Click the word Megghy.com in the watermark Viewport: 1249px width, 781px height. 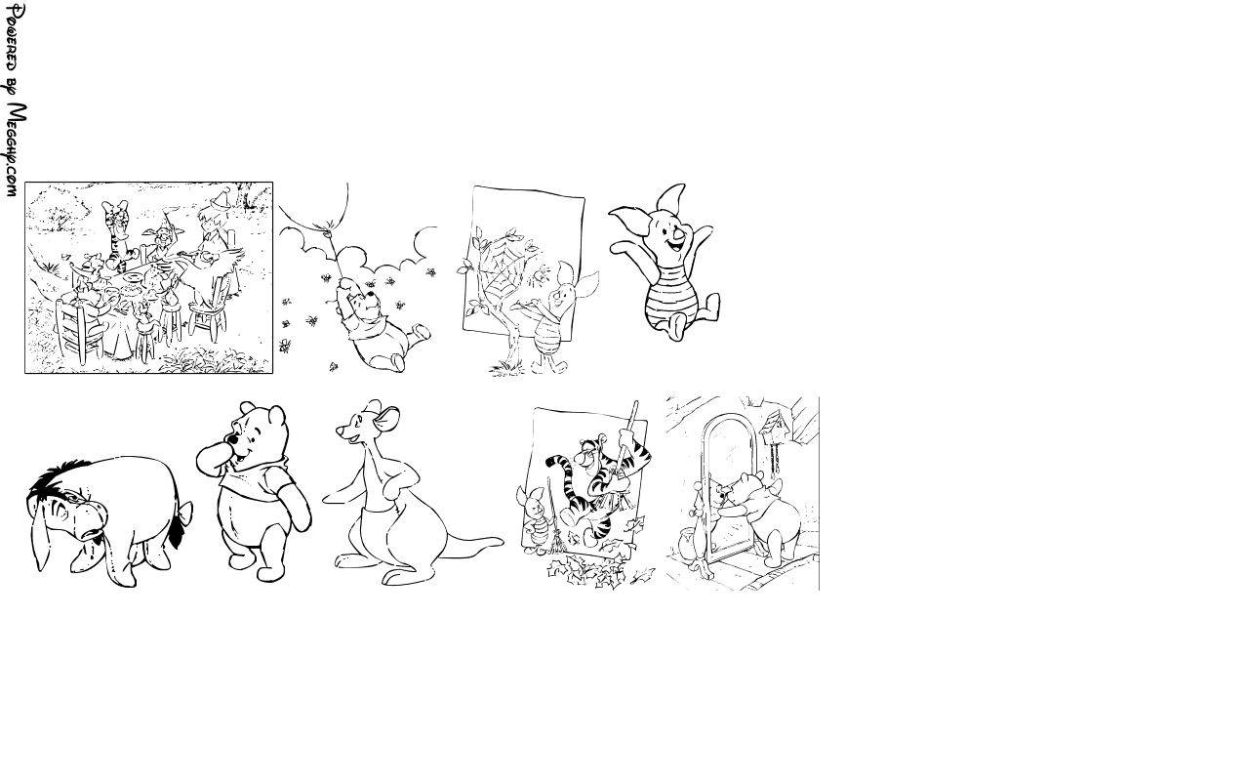click(17, 150)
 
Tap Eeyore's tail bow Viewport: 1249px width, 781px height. click(181, 514)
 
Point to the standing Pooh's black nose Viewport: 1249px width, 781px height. click(230, 439)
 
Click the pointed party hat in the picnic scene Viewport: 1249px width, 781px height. click(222, 197)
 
